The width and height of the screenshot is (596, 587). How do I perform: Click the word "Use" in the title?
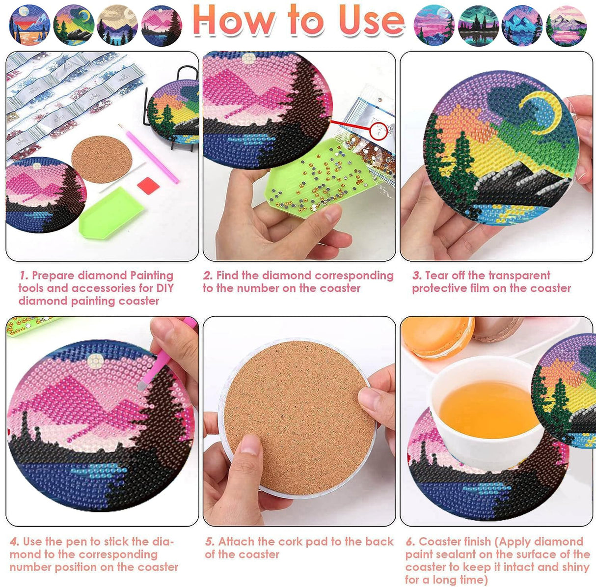click(x=371, y=20)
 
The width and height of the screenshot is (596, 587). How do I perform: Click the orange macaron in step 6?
click(x=437, y=337)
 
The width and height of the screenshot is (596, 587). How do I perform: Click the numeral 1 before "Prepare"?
click(x=24, y=276)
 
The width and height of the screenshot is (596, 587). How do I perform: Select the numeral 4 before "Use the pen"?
click(x=15, y=542)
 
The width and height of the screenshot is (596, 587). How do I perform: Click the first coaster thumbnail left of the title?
click(x=29, y=25)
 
